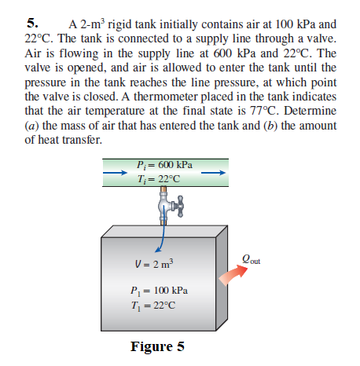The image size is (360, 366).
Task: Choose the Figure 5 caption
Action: coord(157,346)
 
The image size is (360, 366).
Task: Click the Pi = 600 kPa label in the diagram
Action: coord(165,165)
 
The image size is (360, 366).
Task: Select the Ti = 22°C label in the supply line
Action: coord(160,178)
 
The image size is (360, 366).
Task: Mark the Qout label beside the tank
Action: coord(251,256)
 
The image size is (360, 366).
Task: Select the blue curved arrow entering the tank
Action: coord(162,236)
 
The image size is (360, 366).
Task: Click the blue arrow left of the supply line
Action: coord(114,172)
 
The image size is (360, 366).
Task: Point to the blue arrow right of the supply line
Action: coord(221,172)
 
